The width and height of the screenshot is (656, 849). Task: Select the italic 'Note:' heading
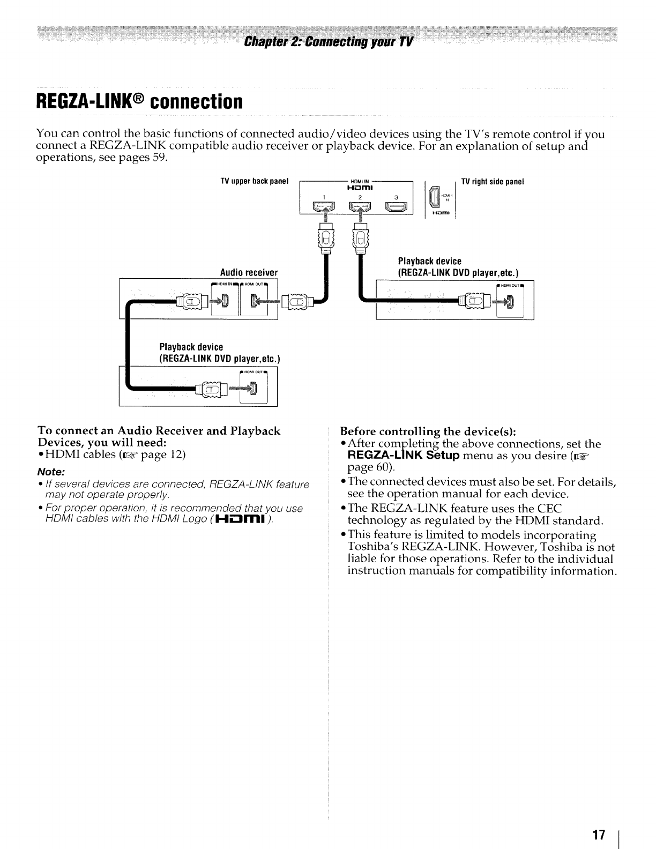(x=51, y=472)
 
